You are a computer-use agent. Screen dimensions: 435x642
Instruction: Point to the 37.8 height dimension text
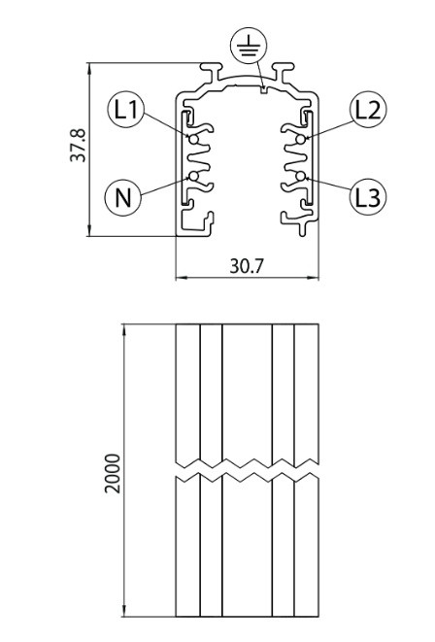(x=78, y=146)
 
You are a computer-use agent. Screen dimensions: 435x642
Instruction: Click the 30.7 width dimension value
(x=248, y=266)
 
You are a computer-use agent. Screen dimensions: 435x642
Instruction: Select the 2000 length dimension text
(x=113, y=473)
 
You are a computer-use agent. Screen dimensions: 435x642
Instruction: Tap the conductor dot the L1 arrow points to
(x=193, y=139)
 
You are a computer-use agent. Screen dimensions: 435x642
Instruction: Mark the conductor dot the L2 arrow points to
(x=301, y=139)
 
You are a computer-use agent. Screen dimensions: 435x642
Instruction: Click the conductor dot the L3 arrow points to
(x=301, y=177)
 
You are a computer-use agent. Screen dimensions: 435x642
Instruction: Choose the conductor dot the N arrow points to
(x=193, y=177)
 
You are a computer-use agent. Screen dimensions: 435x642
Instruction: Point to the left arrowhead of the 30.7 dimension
(x=180, y=278)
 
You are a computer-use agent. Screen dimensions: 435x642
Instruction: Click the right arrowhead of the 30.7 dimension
(x=315, y=278)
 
